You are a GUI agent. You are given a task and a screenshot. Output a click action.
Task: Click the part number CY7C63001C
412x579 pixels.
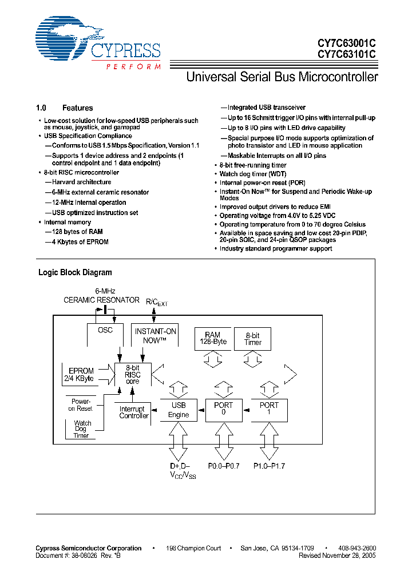pyautogui.click(x=347, y=43)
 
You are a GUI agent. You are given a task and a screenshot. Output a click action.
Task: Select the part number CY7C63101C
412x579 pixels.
pyautogui.click(x=347, y=54)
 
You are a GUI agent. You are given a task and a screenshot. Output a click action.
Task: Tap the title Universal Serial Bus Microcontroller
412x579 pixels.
pyautogui.click(x=282, y=77)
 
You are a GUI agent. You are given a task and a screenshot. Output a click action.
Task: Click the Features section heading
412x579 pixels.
pyautogui.click(x=77, y=108)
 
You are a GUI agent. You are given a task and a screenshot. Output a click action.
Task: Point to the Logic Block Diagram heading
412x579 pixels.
pyautogui.click(x=75, y=272)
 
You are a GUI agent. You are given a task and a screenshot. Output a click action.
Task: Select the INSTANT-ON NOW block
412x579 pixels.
pyautogui.click(x=155, y=335)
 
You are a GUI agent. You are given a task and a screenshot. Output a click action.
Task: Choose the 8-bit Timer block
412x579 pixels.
pyautogui.click(x=253, y=339)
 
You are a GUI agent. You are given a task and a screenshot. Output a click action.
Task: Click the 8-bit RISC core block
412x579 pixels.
pyautogui.click(x=132, y=374)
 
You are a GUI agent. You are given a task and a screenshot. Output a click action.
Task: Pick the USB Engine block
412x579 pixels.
pyautogui.click(x=179, y=410)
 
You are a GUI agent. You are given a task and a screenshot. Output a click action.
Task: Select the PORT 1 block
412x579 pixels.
pyautogui.click(x=269, y=410)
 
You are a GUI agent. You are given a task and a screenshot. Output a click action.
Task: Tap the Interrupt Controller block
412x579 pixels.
pyautogui.click(x=134, y=412)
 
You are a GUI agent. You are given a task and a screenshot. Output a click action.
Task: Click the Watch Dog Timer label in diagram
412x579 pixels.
pyautogui.click(x=82, y=429)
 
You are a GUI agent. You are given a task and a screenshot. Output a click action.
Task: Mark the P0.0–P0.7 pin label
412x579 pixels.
pyautogui.click(x=220, y=466)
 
